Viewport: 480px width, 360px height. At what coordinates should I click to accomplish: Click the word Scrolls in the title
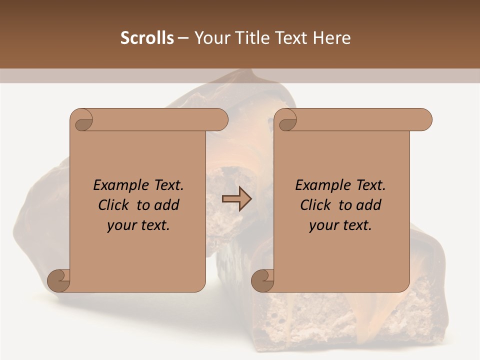(147, 38)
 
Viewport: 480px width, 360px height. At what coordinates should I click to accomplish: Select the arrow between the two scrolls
(236, 199)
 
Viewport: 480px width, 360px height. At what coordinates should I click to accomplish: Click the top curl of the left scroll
(81, 120)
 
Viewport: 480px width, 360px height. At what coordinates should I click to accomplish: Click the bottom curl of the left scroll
(58, 281)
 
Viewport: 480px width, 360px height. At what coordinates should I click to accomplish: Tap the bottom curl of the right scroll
(262, 281)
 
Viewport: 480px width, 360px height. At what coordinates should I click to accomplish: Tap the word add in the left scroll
(167, 205)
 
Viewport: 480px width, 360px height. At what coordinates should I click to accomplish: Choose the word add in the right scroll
(369, 205)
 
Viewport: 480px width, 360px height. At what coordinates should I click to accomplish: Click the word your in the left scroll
(121, 225)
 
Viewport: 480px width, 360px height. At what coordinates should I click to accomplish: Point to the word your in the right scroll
(323, 225)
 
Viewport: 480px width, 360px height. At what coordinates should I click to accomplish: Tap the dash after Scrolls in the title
(183, 38)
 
